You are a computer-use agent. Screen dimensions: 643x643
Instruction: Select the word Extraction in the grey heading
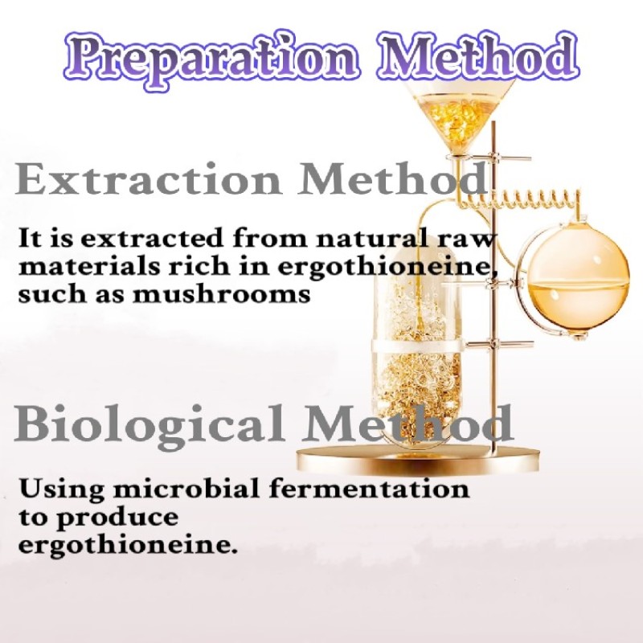(x=149, y=181)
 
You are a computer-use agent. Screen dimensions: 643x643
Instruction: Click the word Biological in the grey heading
(x=149, y=424)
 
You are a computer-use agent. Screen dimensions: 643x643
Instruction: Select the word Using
(x=53, y=488)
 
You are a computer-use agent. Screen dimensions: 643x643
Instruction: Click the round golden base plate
(x=418, y=461)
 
